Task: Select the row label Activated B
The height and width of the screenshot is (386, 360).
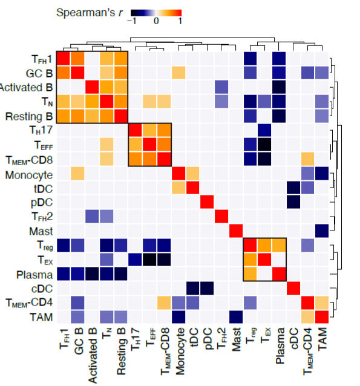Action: pos(26,87)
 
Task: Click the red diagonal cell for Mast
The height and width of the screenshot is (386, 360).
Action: pos(235,231)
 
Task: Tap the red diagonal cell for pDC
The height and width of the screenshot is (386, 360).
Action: pos(207,201)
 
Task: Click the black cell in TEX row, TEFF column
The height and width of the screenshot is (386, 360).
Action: pos(149,260)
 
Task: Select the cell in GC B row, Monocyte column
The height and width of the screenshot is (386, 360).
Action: pos(178,73)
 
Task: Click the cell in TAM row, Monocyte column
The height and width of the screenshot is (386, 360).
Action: pos(178,316)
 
